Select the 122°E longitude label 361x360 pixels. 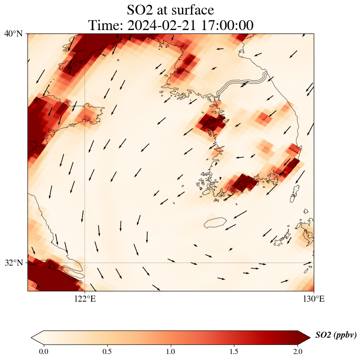(85, 299)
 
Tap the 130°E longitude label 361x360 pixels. (313, 299)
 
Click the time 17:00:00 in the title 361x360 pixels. (226, 25)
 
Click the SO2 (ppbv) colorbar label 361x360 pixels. (336, 335)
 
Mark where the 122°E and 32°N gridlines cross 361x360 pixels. (85, 263)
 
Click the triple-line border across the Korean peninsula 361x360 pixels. (240, 84)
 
